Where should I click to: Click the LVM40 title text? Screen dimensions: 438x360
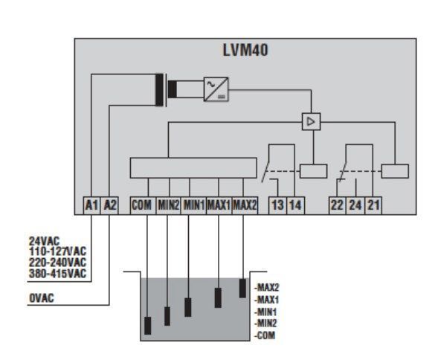(x=245, y=50)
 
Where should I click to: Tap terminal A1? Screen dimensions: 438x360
(x=91, y=205)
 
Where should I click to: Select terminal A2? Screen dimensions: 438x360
(x=109, y=205)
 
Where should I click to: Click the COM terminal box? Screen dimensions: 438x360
(x=143, y=205)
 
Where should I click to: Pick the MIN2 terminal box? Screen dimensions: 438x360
(x=168, y=205)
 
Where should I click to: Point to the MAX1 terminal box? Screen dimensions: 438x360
(x=219, y=205)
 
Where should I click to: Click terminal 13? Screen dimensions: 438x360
(x=277, y=205)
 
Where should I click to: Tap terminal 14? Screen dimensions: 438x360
(x=295, y=205)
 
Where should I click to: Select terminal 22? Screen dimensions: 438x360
(x=338, y=205)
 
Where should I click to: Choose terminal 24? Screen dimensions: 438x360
(x=355, y=205)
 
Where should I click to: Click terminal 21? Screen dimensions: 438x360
(x=373, y=205)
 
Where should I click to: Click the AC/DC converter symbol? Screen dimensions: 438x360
(x=216, y=89)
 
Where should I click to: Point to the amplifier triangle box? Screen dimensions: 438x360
(x=311, y=121)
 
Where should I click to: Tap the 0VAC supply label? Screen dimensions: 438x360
(x=42, y=298)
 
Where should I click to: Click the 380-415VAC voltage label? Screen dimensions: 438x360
(x=57, y=274)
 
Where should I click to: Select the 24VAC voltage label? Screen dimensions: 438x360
(x=44, y=241)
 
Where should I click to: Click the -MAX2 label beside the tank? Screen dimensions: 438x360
(x=267, y=287)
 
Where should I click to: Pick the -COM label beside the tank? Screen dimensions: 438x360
(x=265, y=335)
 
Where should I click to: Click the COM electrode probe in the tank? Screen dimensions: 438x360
(x=148, y=326)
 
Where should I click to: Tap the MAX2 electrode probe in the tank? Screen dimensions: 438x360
(x=242, y=288)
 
